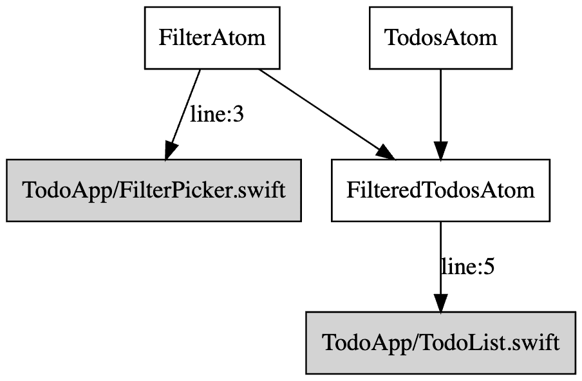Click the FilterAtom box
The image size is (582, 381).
[x=212, y=37]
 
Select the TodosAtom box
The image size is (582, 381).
[x=440, y=37]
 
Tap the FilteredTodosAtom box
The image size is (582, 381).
[x=440, y=190]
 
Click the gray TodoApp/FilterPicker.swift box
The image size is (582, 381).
[x=154, y=190]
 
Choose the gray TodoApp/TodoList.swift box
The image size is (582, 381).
[x=440, y=342]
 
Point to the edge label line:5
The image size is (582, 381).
[x=467, y=266]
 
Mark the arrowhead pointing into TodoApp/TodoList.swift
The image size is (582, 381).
[x=440, y=302]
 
